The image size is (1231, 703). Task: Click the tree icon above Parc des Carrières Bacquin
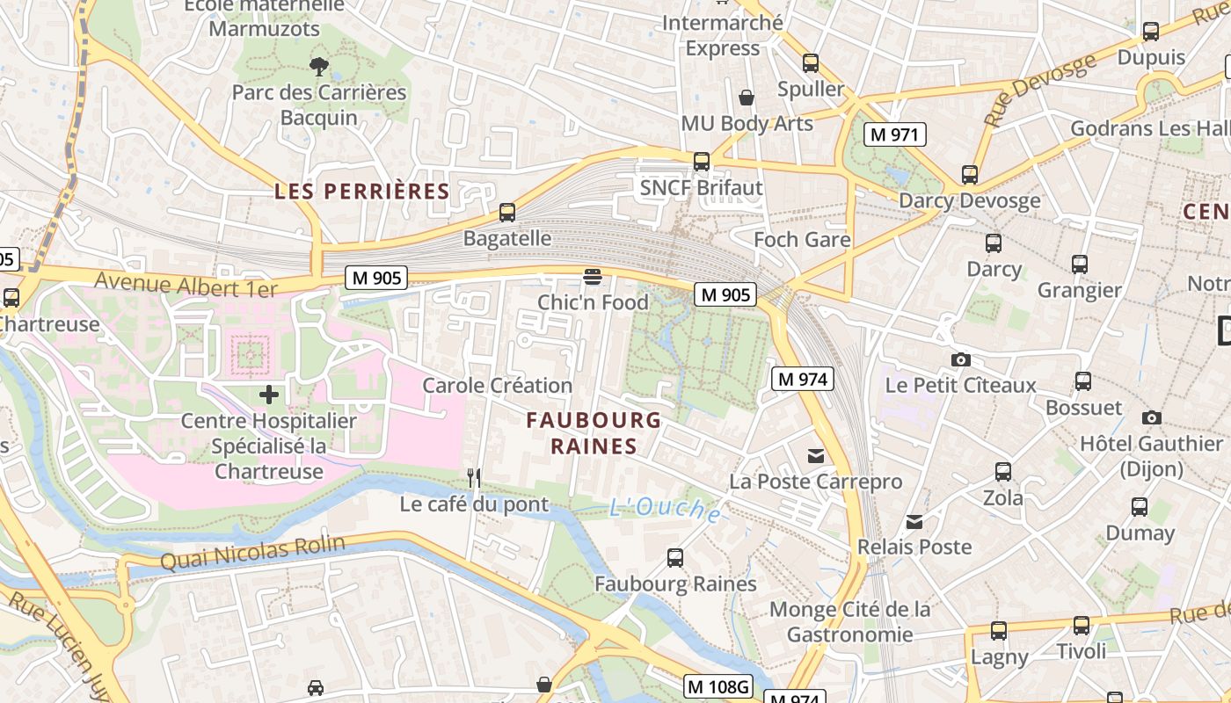[x=319, y=65]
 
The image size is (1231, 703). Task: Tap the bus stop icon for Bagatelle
[x=507, y=212]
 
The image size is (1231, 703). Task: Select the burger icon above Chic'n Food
[x=593, y=278]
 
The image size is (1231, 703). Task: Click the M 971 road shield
[x=895, y=134]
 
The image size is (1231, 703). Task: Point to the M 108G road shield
[x=719, y=685]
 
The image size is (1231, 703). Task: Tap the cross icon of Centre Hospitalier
[x=269, y=395]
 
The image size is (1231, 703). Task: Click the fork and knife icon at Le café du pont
[x=474, y=478]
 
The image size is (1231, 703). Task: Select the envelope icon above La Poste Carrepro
[x=816, y=455]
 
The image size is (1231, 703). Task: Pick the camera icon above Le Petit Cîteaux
[x=961, y=359]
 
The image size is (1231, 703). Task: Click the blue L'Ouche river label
[x=666, y=509]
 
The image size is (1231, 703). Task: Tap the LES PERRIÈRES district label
[x=361, y=191]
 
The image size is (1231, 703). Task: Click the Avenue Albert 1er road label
[x=186, y=284]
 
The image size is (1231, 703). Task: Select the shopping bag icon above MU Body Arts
[x=747, y=97]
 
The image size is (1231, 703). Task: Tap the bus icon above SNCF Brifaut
[x=701, y=162]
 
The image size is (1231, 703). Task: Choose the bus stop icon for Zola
[x=1003, y=472]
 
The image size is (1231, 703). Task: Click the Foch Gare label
[x=802, y=239]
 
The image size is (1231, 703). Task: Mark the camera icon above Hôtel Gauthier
[x=1152, y=417]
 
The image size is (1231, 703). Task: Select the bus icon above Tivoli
[x=1082, y=626]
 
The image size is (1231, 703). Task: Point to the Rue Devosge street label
[x=1040, y=89]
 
